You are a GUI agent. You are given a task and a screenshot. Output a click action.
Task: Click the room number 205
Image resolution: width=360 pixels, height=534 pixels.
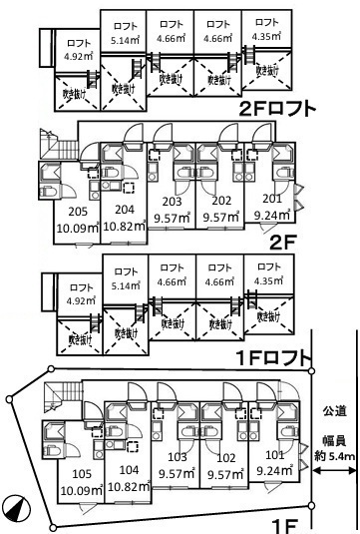coord(79,212)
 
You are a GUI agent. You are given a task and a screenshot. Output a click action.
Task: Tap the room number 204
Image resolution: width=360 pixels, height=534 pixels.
coord(125,209)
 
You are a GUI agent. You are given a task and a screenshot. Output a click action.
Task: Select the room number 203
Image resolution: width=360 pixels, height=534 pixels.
coord(172,201)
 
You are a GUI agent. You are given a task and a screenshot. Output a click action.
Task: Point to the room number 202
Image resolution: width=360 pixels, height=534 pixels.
coord(221,201)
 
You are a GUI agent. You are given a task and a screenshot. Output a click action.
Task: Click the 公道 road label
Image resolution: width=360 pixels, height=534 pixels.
coord(333,409)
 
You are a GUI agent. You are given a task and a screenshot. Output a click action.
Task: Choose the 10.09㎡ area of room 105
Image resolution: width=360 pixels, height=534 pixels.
coord(79,490)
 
